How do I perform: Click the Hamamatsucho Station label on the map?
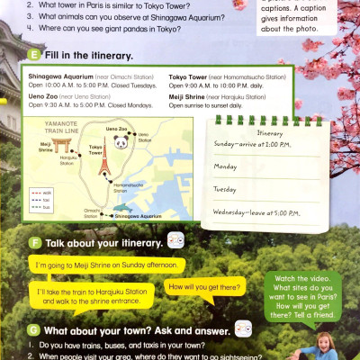(x=130, y=186)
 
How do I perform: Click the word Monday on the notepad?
(x=225, y=167)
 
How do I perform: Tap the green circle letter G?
(x=32, y=329)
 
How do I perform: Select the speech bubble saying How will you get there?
(x=206, y=286)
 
